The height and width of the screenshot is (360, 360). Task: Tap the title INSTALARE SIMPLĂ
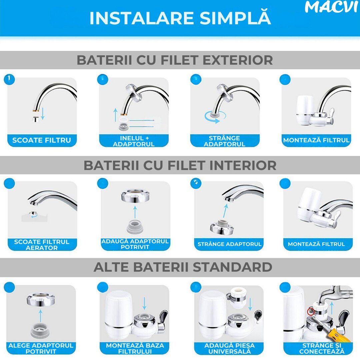[x=180, y=18]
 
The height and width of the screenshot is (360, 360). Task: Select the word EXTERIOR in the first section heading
[x=238, y=60]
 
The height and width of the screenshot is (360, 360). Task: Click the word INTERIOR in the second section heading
[x=240, y=165]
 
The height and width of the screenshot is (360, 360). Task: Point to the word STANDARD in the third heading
[x=232, y=267]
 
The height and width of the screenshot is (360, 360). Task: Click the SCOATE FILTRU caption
[x=42, y=140]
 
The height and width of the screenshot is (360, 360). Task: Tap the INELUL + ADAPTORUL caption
[x=134, y=141]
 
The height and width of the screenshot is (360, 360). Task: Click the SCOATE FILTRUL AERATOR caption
[x=42, y=245]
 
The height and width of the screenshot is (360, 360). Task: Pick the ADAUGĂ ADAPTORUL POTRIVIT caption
[x=135, y=244]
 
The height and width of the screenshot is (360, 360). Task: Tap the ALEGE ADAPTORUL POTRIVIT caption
[x=41, y=348]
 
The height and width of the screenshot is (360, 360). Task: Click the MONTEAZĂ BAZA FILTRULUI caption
[x=135, y=348]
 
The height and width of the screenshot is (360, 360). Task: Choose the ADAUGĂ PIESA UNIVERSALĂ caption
[x=229, y=348]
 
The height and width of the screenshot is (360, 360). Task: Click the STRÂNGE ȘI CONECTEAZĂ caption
[x=322, y=348]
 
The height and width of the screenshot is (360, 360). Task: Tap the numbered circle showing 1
[x=9, y=79]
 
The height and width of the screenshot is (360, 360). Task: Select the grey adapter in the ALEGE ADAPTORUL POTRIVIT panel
[x=40, y=331]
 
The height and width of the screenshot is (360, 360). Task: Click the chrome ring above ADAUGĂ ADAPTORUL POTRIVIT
[x=135, y=196]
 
